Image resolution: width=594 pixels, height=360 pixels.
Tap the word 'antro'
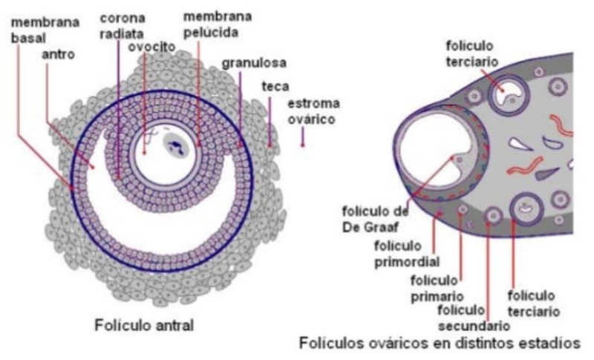56,53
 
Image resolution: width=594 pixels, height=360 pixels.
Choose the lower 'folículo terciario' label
532,302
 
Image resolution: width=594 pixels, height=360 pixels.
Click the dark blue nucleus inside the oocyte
177,146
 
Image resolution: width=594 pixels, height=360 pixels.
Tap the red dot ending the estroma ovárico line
302,143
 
